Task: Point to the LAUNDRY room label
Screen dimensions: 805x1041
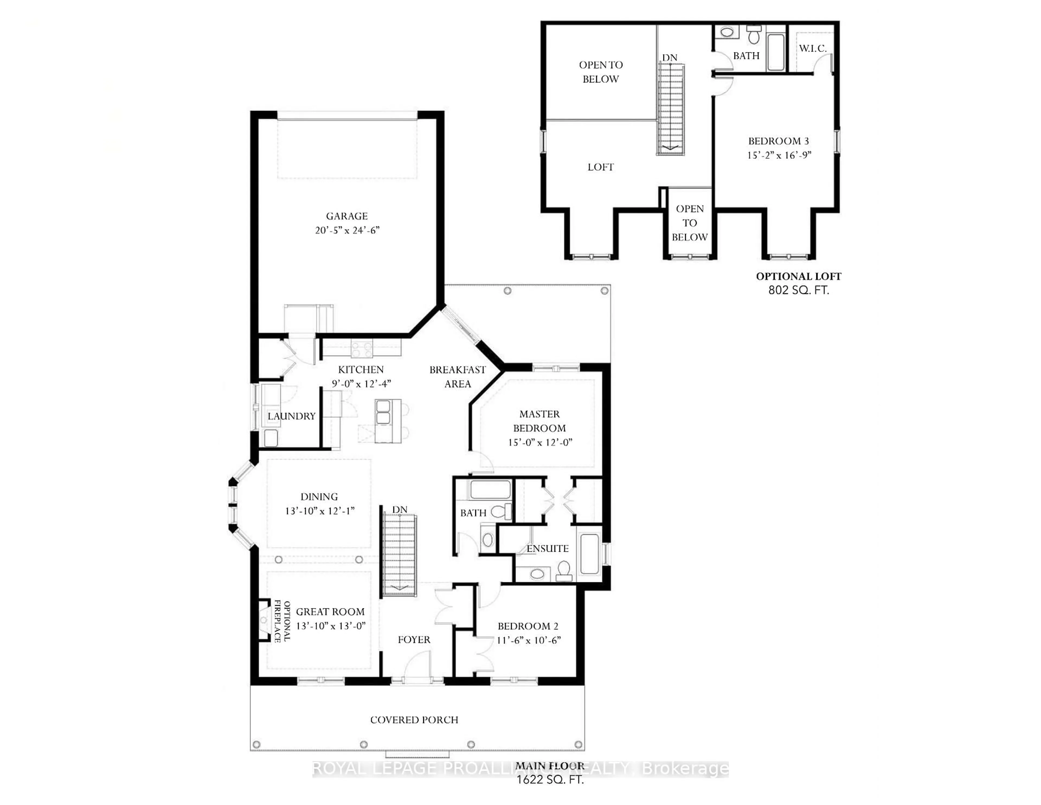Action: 291,416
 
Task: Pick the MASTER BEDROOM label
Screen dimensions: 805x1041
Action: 539,421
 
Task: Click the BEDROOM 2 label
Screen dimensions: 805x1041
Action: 528,626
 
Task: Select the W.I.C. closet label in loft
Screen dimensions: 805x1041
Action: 813,49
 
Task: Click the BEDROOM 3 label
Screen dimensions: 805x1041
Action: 778,141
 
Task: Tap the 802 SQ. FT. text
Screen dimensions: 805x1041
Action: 798,290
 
